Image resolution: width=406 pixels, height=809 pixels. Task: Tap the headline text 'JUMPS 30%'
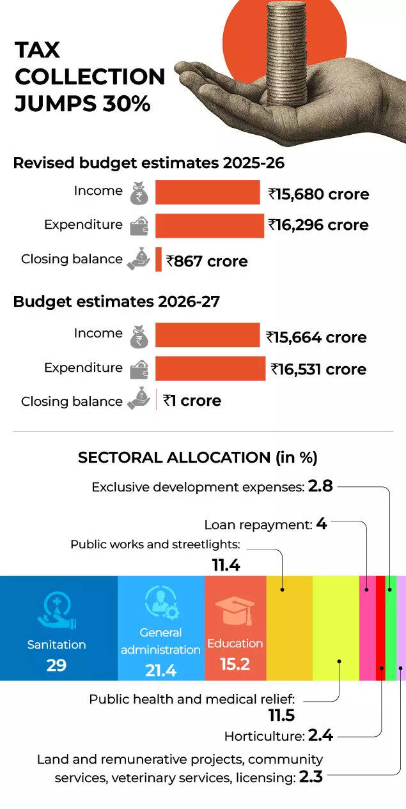[x=82, y=103]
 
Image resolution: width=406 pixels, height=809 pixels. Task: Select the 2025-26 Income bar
[x=208, y=192]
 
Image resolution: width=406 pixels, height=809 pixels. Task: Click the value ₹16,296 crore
[x=318, y=225]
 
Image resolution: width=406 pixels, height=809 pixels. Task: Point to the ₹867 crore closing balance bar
[x=159, y=259]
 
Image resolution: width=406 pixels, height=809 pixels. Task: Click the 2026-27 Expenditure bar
[x=210, y=369]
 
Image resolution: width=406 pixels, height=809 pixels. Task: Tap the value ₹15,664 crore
[x=316, y=337]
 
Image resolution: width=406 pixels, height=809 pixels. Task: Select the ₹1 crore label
[x=192, y=401]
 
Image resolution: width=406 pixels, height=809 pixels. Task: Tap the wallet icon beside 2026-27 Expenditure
[x=139, y=369]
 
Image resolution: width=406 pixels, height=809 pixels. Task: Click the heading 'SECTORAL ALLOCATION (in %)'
[x=198, y=458]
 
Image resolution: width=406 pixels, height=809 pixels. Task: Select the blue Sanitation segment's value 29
[x=56, y=665]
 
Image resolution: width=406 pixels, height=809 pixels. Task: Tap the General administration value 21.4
[x=160, y=670]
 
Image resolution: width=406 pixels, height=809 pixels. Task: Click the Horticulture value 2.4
[x=320, y=736]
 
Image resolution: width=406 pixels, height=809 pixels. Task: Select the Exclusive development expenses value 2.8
[x=320, y=486]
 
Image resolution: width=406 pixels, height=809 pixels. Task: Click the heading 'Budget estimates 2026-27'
[x=116, y=302]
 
